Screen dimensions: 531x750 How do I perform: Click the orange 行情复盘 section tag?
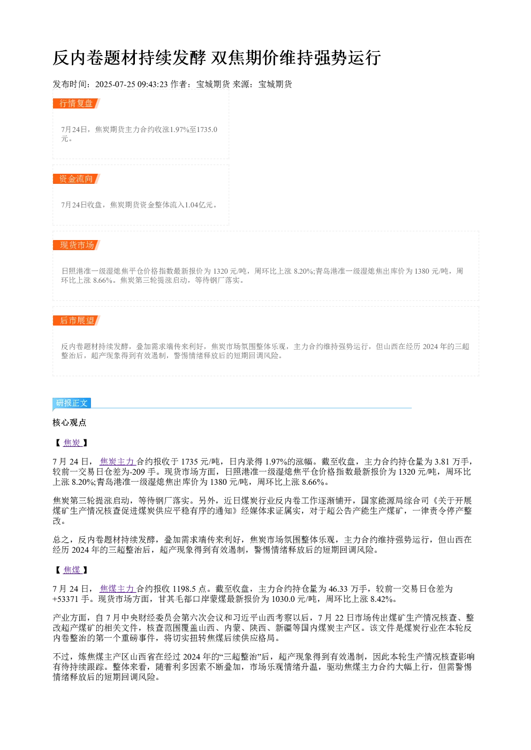[77, 104]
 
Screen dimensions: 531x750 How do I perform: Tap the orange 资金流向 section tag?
[77, 179]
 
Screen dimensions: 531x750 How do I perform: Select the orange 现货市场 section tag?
[77, 245]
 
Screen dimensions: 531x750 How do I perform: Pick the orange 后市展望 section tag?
[77, 320]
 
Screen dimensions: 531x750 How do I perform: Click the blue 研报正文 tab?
[72, 403]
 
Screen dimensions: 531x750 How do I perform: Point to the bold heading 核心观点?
[70, 423]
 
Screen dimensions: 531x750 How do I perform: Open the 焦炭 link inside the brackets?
[72, 443]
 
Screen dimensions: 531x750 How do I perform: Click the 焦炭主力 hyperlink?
[117, 462]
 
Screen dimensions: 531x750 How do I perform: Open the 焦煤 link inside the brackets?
[72, 570]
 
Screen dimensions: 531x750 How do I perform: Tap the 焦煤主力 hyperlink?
[117, 589]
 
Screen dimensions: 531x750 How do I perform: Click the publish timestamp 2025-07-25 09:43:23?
[131, 84]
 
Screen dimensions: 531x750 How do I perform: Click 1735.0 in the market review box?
[207, 129]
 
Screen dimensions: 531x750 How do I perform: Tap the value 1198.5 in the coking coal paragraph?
[184, 589]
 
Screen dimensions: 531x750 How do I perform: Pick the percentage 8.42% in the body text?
[382, 599]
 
